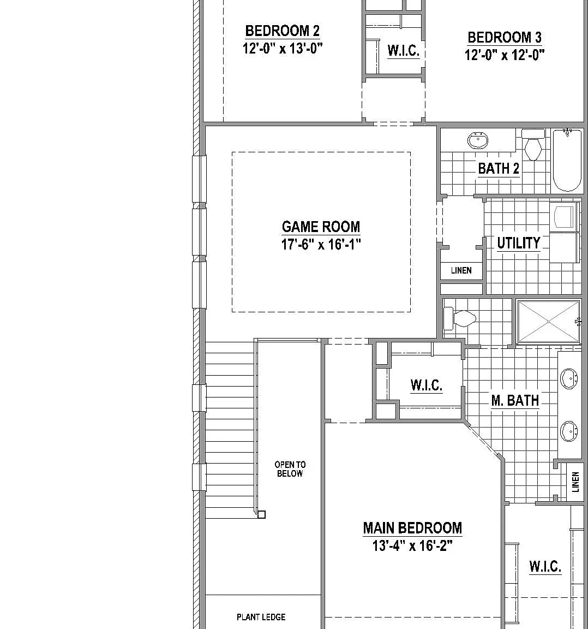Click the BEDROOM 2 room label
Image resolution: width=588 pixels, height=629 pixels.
point(282,31)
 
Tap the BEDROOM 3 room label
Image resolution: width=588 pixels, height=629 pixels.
point(504,37)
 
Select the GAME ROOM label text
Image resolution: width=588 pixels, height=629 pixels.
point(321,227)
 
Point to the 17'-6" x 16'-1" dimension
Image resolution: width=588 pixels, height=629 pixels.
point(321,244)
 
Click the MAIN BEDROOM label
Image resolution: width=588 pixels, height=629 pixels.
point(412,528)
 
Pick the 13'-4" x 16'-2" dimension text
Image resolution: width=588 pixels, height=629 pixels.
point(412,545)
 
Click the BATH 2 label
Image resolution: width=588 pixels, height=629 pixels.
point(499,169)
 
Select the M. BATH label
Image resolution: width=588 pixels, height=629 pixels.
point(515,400)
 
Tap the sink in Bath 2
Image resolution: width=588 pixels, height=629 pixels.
point(478,140)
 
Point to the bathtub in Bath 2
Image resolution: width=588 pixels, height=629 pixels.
point(567,160)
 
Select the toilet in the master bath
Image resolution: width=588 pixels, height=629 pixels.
point(460,319)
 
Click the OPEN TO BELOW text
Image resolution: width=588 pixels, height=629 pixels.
point(290,469)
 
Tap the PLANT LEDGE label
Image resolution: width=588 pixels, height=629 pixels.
point(261,617)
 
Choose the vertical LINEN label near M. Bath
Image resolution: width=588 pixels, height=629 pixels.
point(575,482)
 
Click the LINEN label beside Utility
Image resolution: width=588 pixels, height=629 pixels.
point(461,270)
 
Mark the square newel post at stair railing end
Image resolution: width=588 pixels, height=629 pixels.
point(261,514)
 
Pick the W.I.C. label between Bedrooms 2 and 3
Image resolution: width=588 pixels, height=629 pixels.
point(403,51)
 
